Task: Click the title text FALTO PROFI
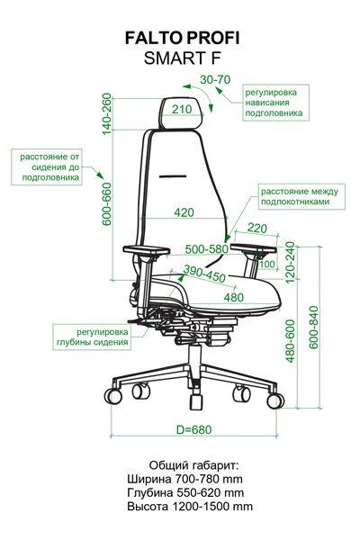coord(182,38)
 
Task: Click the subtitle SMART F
coord(182,58)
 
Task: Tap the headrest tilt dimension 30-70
coord(215,79)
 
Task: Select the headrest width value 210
coord(182,109)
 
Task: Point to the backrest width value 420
coord(184,212)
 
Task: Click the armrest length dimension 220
coord(257,228)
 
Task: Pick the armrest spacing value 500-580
coord(207,249)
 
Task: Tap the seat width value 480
coord(234,297)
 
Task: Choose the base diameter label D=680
coord(194,429)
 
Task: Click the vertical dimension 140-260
coord(107,114)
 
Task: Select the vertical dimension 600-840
coord(313,328)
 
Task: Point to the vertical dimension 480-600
coord(291,341)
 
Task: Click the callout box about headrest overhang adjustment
coord(275,103)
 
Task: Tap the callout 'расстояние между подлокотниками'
coord(301,196)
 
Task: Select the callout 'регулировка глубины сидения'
coord(92,337)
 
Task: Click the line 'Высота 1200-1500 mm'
coord(190,507)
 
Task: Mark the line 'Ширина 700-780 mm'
coord(185,479)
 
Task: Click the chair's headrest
coord(182,113)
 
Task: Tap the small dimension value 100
coord(267,264)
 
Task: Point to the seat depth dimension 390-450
coord(204,274)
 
